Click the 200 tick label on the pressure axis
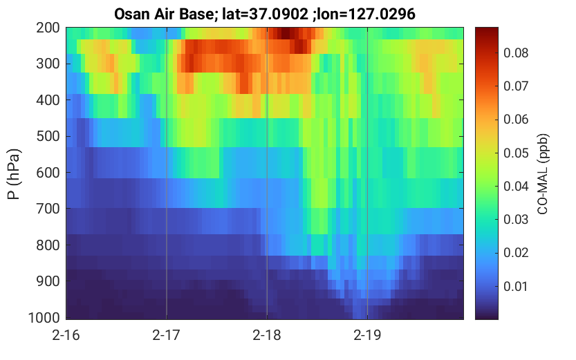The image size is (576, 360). pyautogui.click(x=48, y=28)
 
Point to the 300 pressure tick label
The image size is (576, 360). pyautogui.click(x=48, y=64)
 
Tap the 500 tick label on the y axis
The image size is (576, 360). pyautogui.click(x=48, y=136)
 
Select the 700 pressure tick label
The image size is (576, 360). pyautogui.click(x=48, y=209)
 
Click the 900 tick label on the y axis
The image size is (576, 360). pyautogui.click(x=48, y=281)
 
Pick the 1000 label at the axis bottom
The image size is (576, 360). pyautogui.click(x=44, y=317)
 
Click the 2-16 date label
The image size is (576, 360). pyautogui.click(x=66, y=335)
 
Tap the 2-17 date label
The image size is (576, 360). pyautogui.click(x=167, y=335)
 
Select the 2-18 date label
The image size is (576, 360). pyautogui.click(x=267, y=335)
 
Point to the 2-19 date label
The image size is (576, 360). pyautogui.click(x=367, y=335)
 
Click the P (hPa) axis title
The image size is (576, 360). pyautogui.click(x=14, y=174)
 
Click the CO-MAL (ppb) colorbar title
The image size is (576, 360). pyautogui.click(x=543, y=174)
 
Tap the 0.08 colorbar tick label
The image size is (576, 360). pyautogui.click(x=516, y=53)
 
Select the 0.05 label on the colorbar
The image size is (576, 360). pyautogui.click(x=516, y=153)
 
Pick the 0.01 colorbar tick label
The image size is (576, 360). pyautogui.click(x=516, y=286)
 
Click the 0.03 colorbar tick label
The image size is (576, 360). pyautogui.click(x=516, y=220)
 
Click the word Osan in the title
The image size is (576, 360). pyautogui.click(x=131, y=15)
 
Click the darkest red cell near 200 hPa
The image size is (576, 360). pyautogui.click(x=286, y=33)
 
